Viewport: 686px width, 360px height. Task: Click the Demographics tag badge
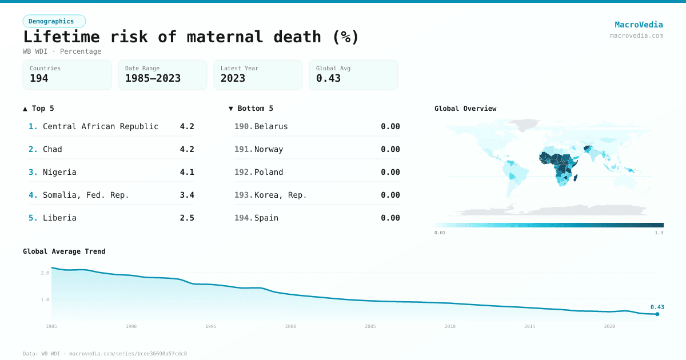pos(54,21)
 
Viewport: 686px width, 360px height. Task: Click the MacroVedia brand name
pos(639,25)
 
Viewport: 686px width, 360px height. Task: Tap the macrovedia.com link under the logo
pos(636,35)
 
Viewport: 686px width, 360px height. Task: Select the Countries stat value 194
pos(39,79)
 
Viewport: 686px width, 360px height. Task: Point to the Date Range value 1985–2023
pos(153,79)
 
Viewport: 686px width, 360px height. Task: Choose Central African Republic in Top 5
pos(101,126)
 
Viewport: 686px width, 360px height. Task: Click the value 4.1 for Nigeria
pos(187,172)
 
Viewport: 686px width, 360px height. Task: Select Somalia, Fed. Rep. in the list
pos(86,195)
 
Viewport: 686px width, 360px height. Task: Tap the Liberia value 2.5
pos(187,218)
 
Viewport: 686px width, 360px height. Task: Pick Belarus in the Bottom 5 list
pos(271,126)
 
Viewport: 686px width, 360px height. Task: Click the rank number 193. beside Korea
pos(244,195)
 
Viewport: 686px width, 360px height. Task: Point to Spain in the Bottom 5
pos(266,218)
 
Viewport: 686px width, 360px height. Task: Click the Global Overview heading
pos(465,109)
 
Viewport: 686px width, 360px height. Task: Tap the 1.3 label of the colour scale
pos(659,233)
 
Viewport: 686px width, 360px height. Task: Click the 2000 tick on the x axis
pos(290,326)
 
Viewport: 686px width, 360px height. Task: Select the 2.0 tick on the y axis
pos(45,273)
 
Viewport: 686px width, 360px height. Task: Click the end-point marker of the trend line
pos(657,314)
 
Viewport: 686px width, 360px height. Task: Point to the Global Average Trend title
pos(64,251)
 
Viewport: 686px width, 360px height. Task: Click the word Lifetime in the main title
pos(61,37)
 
